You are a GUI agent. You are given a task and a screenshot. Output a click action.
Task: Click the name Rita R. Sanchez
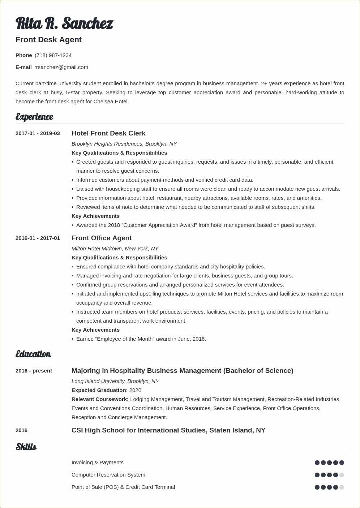64,23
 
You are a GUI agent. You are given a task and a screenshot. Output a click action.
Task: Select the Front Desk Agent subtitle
48,40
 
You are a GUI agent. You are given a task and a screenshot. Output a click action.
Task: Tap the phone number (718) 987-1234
53,55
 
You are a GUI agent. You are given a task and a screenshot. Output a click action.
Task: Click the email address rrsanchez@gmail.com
61,67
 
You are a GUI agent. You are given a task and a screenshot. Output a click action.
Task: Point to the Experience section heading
34,117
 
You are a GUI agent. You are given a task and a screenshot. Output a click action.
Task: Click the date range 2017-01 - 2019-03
38,133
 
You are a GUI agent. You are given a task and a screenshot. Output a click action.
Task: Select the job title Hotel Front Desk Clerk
108,133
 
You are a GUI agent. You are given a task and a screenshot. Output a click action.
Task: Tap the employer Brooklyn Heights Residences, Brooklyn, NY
124,144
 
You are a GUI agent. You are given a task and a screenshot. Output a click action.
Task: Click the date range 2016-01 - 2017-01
38,238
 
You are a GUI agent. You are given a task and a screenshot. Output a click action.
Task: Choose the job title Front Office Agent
102,238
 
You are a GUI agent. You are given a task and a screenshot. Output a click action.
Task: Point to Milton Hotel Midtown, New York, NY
115,249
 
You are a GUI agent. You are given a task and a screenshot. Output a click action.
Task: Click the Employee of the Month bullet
141,339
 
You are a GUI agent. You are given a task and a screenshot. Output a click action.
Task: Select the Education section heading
33,354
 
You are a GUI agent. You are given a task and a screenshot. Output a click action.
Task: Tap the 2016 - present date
34,371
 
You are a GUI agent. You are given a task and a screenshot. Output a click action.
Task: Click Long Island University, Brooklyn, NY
115,381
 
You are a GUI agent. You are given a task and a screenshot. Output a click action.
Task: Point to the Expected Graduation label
99,390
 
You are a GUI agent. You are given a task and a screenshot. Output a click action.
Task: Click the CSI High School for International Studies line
168,430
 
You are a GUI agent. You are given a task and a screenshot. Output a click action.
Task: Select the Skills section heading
26,447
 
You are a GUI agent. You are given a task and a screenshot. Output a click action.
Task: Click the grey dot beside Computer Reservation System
342,475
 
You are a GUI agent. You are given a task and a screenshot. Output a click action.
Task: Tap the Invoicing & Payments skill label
98,462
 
